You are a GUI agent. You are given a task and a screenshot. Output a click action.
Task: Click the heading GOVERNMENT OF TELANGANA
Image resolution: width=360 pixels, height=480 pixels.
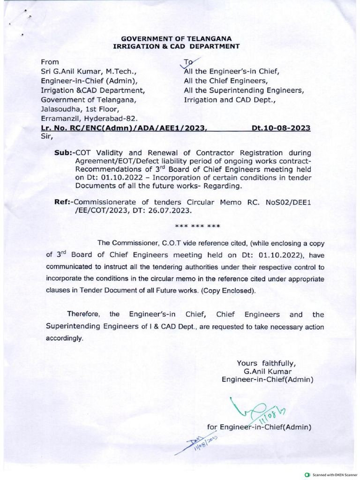176,38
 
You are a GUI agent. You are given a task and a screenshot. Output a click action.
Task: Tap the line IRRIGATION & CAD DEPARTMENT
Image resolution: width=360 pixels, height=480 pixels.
176,46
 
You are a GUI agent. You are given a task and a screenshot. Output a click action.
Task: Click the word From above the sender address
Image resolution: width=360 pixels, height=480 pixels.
50,62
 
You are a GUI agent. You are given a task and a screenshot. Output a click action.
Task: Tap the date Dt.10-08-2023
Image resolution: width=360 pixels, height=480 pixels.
281,128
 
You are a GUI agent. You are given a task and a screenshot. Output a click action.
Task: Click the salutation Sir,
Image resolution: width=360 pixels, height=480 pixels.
47,137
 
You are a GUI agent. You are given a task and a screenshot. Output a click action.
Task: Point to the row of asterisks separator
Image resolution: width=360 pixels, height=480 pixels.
197,227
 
